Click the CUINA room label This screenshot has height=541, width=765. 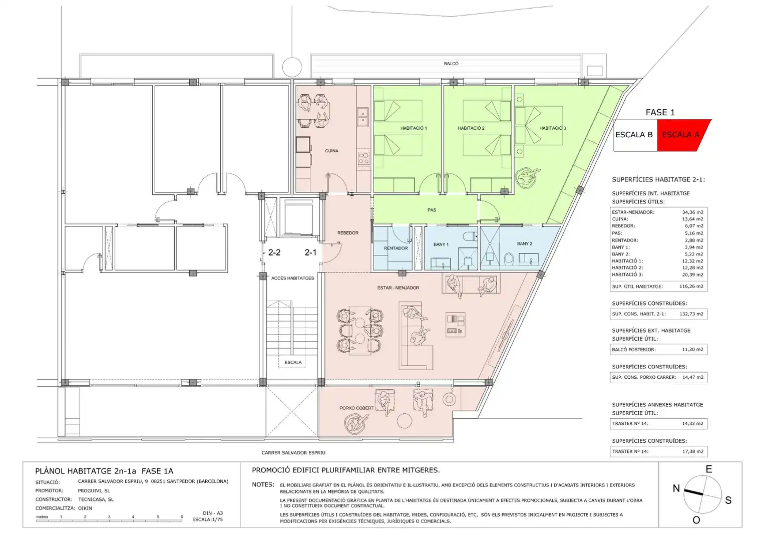331,151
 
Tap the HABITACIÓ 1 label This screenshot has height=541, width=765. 414,128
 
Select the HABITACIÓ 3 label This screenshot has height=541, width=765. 553,128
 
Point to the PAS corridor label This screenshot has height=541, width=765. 432,210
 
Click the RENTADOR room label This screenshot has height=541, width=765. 396,248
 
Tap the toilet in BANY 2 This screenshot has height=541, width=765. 509,258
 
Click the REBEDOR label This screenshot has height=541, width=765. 347,233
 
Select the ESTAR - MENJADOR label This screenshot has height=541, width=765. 398,288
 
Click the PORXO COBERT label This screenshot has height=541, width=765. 356,408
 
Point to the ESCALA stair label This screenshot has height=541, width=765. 293,362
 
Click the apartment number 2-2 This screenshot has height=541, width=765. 274,252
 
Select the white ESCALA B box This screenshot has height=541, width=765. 635,135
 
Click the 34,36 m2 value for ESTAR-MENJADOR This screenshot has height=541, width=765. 692,212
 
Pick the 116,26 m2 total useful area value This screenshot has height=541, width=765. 691,287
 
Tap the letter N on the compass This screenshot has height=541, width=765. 676,488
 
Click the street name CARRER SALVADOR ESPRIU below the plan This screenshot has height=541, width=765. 293,452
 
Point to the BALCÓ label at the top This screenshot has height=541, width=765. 451,64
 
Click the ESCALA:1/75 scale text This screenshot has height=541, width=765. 207,519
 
